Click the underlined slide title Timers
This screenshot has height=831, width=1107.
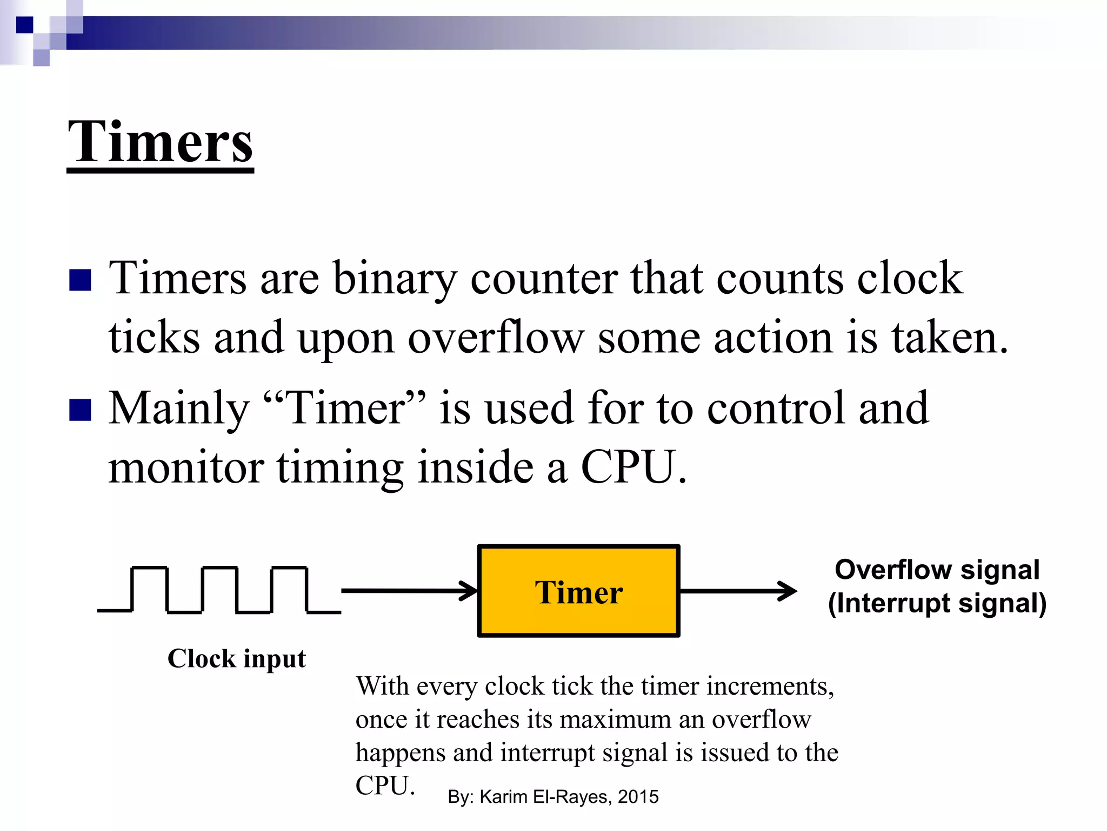161,142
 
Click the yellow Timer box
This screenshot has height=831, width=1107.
578,591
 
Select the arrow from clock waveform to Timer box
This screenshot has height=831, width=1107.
409,590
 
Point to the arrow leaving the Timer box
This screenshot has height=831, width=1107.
737,591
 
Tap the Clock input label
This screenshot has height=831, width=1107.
237,659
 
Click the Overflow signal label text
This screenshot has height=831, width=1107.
937,570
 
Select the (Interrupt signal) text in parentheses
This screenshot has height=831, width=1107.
937,604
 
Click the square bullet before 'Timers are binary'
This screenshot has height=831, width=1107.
80,280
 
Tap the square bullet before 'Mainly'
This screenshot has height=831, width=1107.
80,410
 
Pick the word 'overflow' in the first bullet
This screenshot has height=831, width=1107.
496,338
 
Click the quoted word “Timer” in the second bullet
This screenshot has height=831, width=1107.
344,408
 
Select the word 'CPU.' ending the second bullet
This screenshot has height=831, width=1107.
633,467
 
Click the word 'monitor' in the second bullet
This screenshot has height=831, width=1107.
186,467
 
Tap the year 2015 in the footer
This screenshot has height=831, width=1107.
638,797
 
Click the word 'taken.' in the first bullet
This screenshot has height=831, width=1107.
950,338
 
